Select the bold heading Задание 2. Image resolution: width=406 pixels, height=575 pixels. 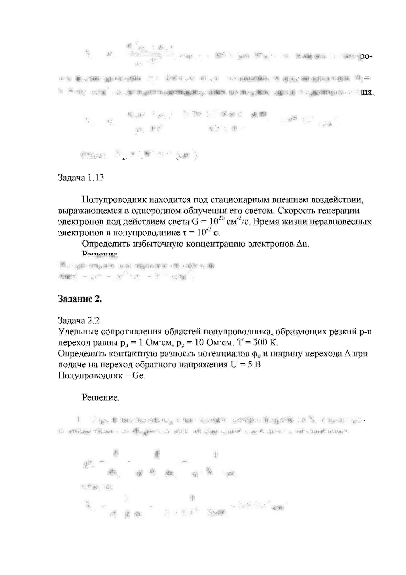(x=80, y=299)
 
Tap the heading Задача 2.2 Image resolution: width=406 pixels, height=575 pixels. (x=79, y=320)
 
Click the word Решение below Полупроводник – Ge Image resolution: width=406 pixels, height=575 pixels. (x=101, y=398)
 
